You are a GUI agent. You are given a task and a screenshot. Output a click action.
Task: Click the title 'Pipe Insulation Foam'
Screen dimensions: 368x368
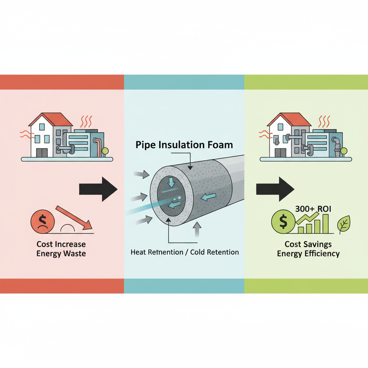pos(184,145)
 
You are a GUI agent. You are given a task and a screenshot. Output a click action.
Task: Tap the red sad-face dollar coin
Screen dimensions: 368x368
pos(42,222)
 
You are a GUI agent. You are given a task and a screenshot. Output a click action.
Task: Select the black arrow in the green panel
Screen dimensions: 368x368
pos(275,189)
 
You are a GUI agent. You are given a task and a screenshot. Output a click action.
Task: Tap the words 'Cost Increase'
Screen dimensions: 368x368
pos(61,244)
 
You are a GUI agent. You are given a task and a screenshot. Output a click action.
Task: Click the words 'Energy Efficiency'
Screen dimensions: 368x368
pos(308,253)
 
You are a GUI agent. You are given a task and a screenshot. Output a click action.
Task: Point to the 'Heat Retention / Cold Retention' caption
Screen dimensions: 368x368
pos(184,252)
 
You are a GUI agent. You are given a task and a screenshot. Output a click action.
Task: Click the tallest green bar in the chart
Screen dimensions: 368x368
pos(325,224)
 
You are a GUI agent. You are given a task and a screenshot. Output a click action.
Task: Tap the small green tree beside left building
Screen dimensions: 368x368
pos(105,151)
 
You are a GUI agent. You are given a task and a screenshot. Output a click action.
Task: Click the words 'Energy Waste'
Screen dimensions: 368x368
pos(61,254)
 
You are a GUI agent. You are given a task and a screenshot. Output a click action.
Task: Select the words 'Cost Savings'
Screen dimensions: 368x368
pos(308,244)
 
